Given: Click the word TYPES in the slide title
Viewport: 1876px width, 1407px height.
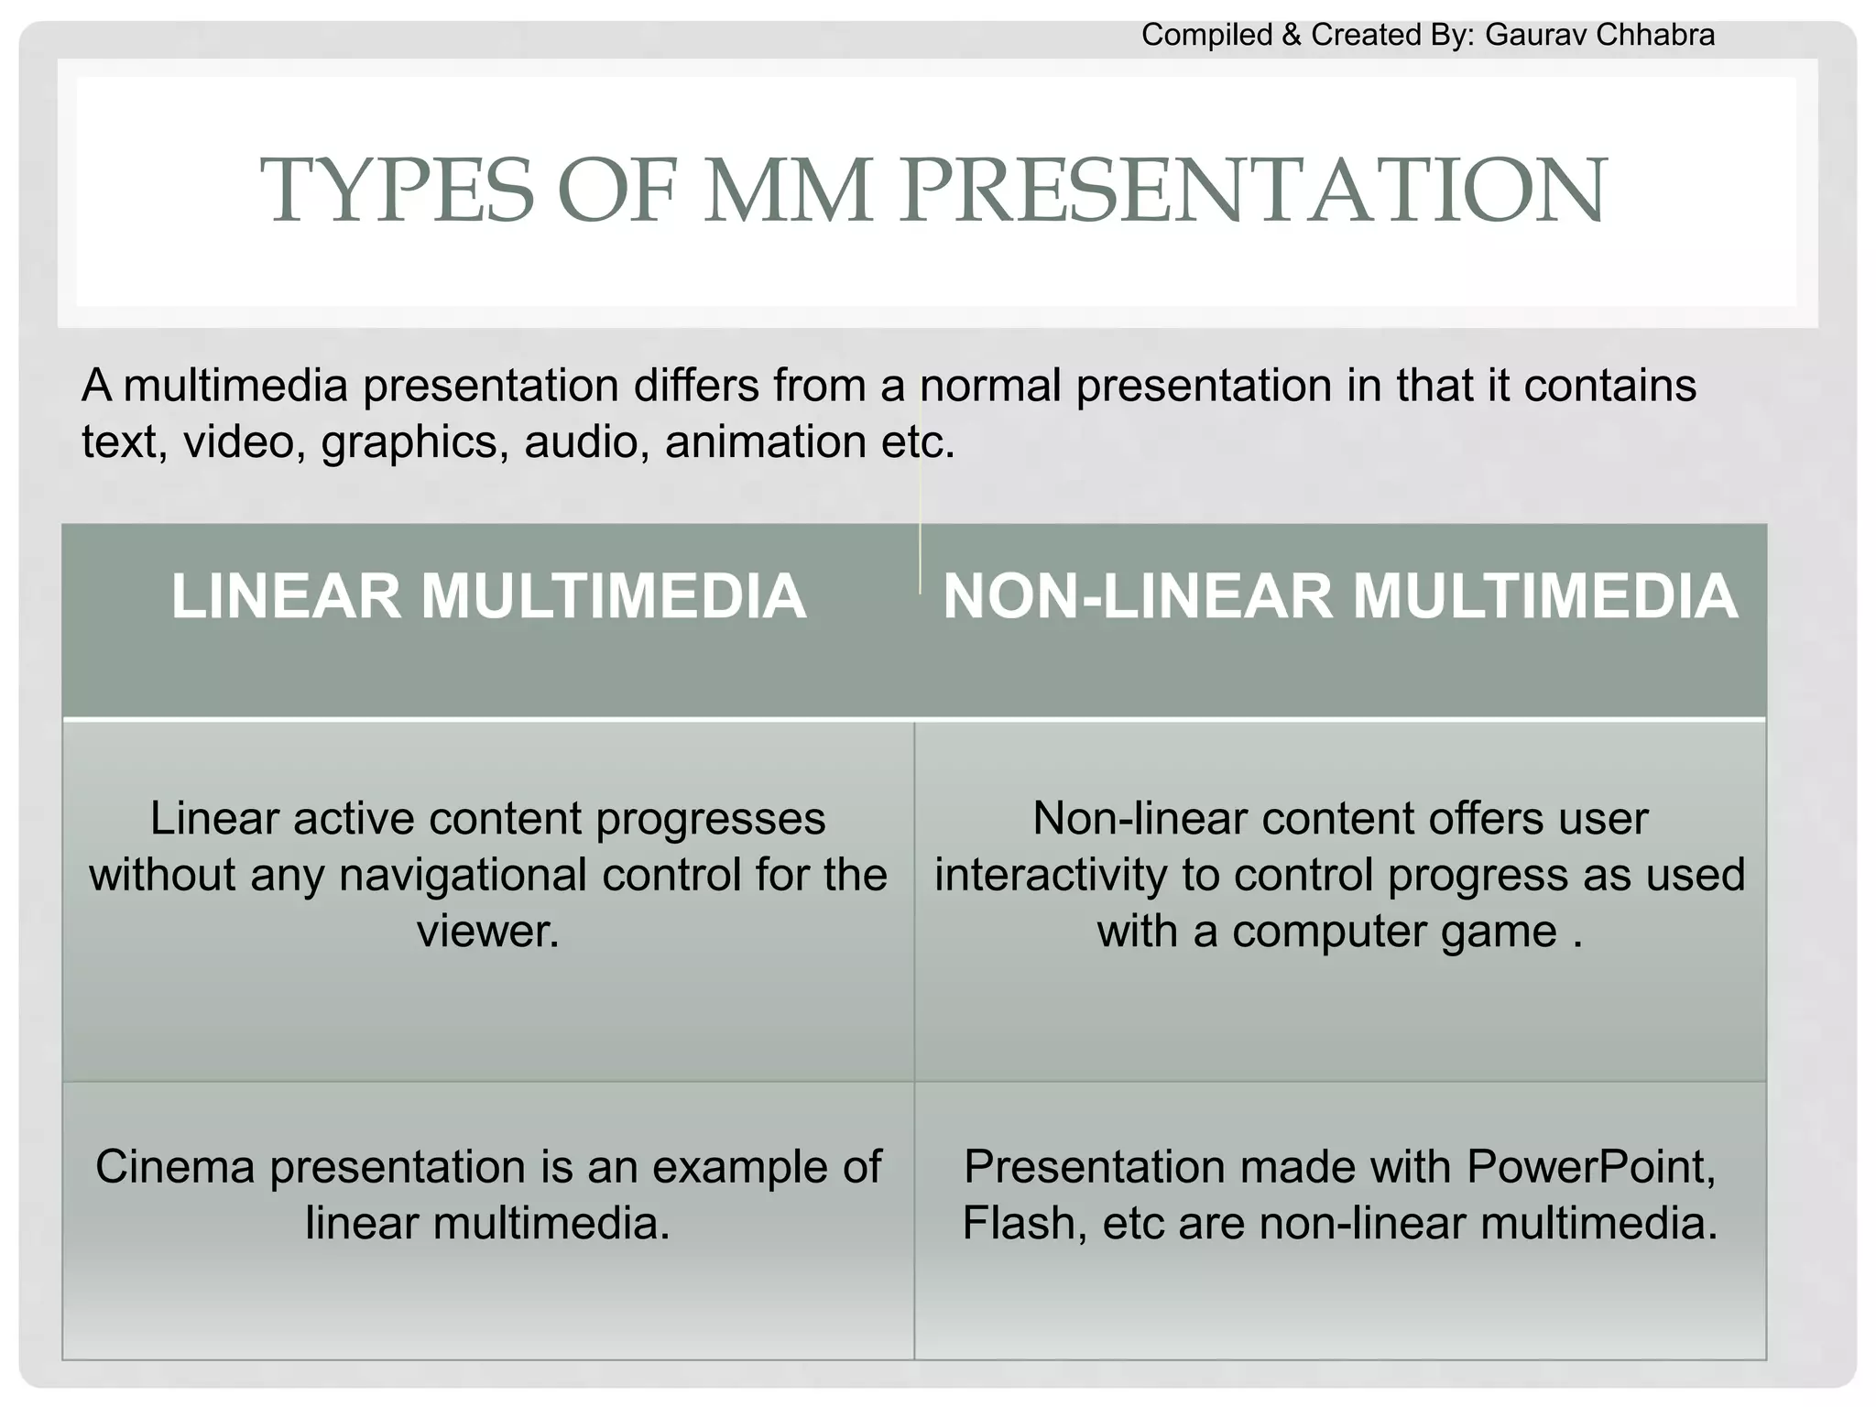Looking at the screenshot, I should pos(397,191).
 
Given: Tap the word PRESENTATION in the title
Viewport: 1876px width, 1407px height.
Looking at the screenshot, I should pos(1251,191).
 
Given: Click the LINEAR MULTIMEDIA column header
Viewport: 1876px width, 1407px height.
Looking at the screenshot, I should pos(488,596).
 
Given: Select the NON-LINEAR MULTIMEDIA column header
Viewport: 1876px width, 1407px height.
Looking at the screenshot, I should pos(1339,596).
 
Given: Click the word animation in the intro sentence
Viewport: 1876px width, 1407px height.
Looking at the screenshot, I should pos(764,442).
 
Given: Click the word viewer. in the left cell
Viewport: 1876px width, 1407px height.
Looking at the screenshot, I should pos(488,931).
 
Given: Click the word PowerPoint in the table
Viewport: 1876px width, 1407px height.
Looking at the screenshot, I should pos(1590,1167).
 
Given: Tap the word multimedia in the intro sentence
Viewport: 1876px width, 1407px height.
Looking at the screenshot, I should pos(235,386).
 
